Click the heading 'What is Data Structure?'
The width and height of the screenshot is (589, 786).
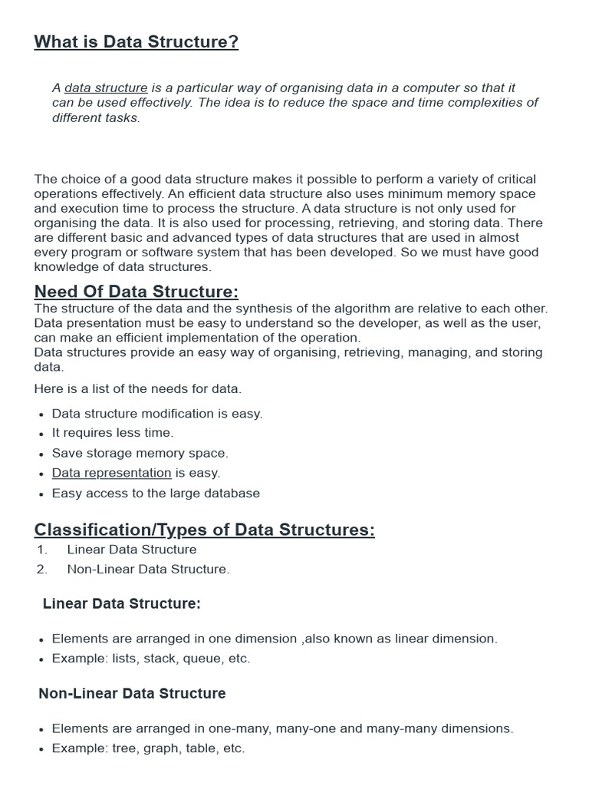[x=136, y=41]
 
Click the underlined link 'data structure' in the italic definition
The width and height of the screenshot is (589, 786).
[x=106, y=88]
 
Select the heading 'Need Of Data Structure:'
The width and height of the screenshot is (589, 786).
[x=137, y=292]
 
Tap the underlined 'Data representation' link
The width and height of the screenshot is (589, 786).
[x=111, y=473]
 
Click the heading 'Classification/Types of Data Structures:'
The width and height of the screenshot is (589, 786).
[x=204, y=530]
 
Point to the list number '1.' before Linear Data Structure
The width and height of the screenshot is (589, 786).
[x=41, y=550]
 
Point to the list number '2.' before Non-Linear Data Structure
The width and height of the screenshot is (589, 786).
[x=41, y=570]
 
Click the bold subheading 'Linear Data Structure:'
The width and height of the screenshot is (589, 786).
[x=122, y=604]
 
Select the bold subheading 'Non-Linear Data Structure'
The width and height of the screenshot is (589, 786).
[x=132, y=694]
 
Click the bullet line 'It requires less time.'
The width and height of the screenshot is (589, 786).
[x=113, y=433]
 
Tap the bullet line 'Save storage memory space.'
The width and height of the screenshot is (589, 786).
[x=140, y=453]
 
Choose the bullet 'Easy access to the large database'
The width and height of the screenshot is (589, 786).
[x=156, y=493]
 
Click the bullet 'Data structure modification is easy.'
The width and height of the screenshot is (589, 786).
[x=157, y=413]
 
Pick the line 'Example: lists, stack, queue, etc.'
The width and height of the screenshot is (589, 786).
[x=151, y=659]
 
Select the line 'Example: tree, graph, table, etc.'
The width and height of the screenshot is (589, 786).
[x=148, y=748]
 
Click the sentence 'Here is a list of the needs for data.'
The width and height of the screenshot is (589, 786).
[x=138, y=389]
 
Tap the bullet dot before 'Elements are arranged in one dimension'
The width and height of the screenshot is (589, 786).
[x=40, y=639]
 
